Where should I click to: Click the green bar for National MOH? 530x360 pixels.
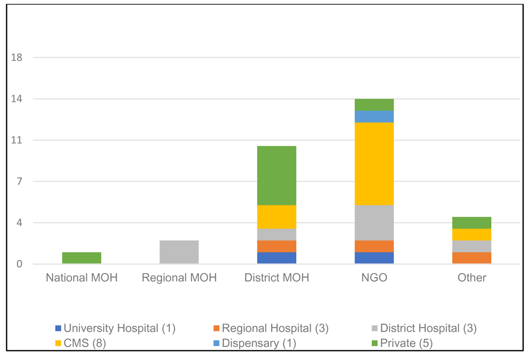[82, 258]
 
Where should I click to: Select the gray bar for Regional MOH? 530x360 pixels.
[179, 252]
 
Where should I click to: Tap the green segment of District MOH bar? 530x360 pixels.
[277, 175]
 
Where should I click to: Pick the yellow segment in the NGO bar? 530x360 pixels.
[374, 164]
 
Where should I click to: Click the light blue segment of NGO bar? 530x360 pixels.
[374, 117]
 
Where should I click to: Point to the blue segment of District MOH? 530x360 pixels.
[277, 258]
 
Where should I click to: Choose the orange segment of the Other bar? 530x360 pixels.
[472, 258]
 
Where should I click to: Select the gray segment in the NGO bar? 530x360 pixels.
[374, 223]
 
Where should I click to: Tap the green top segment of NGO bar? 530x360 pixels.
[374, 105]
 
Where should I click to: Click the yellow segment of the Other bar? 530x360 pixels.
[472, 234]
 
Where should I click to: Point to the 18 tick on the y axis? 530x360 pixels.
[16, 57]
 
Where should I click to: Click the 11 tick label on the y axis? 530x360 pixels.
[16, 140]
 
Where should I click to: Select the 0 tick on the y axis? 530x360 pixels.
[19, 264]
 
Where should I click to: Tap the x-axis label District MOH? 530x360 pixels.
[277, 277]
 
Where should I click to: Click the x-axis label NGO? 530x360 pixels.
[374, 277]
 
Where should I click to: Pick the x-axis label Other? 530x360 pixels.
[472, 277]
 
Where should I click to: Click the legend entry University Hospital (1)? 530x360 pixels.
[116, 328]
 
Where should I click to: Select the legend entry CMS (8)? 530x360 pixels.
[81, 343]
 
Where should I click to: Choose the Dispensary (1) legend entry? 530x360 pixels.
[254, 343]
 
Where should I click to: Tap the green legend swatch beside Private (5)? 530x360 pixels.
[374, 344]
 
